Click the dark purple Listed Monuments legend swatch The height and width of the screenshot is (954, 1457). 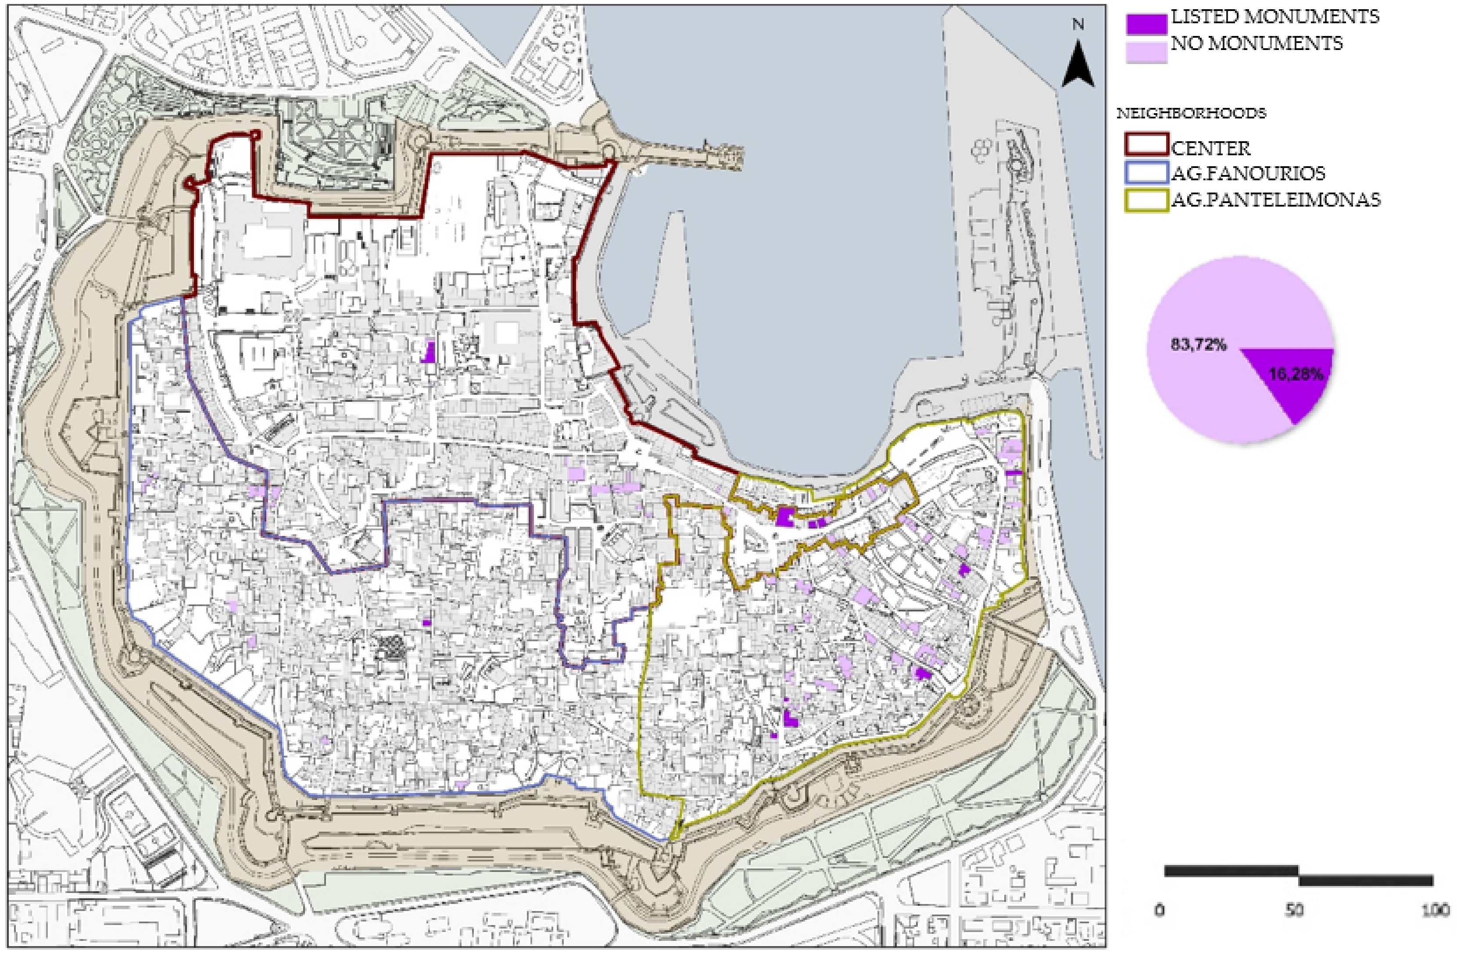(x=1146, y=23)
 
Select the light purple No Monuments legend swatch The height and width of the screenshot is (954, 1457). (x=1146, y=51)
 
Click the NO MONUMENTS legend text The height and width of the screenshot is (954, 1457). (x=1256, y=43)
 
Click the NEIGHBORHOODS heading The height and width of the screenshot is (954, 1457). (x=1191, y=114)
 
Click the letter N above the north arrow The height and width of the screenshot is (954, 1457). (x=1078, y=25)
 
